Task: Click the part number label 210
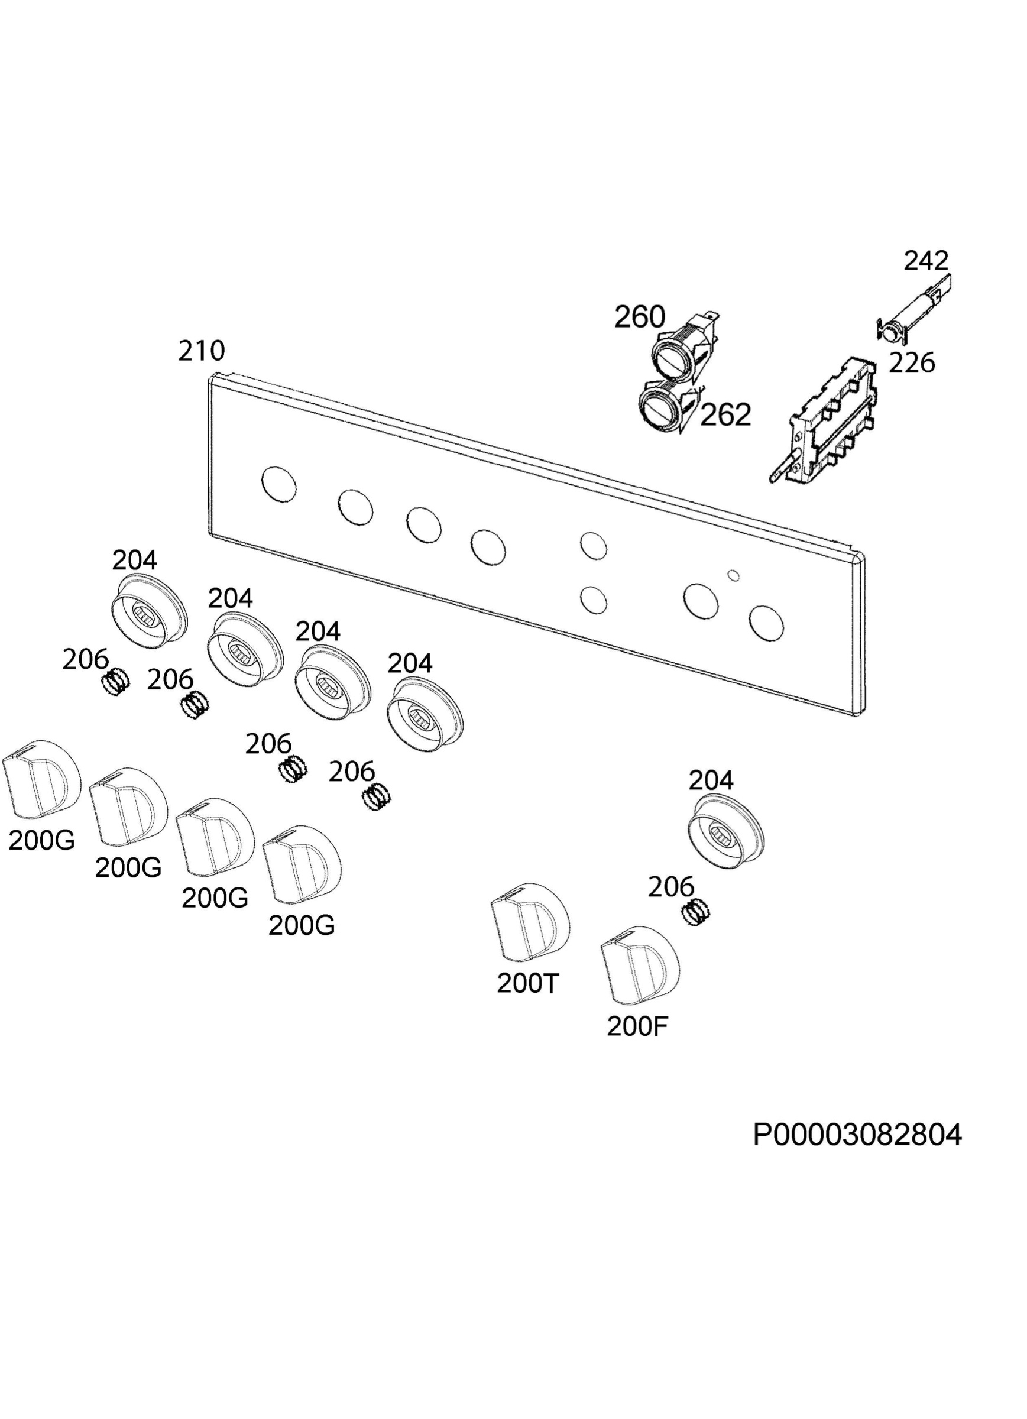201,351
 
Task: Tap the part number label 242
926,260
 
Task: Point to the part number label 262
725,414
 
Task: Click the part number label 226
912,362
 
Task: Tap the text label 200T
527,983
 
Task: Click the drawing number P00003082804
857,1135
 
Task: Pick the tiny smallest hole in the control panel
734,575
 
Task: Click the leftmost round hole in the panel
279,484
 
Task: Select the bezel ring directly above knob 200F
726,832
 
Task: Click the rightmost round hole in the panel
767,623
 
